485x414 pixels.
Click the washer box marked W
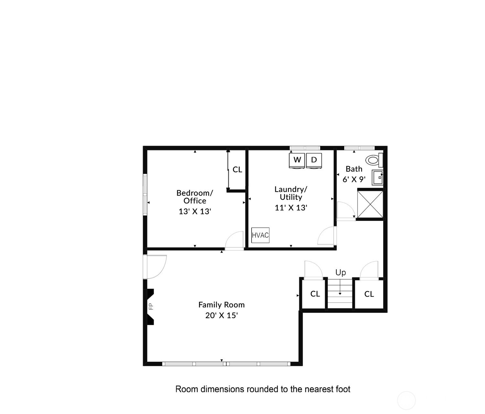click(297, 160)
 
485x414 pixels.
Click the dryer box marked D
click(314, 160)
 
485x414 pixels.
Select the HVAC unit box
click(260, 235)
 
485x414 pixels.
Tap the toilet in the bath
click(374, 160)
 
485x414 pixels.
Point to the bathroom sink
click(378, 177)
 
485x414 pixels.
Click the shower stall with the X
click(370, 204)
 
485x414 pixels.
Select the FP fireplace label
click(151, 307)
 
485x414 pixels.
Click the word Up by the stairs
click(340, 273)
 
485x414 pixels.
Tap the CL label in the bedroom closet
click(237, 169)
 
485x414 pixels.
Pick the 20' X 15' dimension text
click(221, 315)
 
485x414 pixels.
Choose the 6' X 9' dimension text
click(354, 180)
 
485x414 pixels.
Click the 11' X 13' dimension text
click(291, 208)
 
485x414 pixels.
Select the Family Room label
click(221, 305)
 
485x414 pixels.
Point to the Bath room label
click(354, 169)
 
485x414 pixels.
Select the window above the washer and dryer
click(305, 148)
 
